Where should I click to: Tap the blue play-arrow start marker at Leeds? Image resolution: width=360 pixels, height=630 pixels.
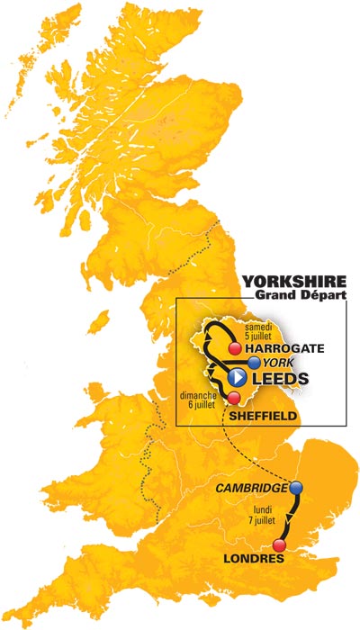coord(237,377)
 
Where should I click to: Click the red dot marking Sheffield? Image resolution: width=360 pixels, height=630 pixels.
coord(233,398)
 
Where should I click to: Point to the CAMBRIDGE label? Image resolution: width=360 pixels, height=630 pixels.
coord(253,489)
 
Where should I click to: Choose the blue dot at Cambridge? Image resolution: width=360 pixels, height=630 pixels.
coord(296,489)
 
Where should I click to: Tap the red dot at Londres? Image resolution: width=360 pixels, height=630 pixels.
coord(279,545)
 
